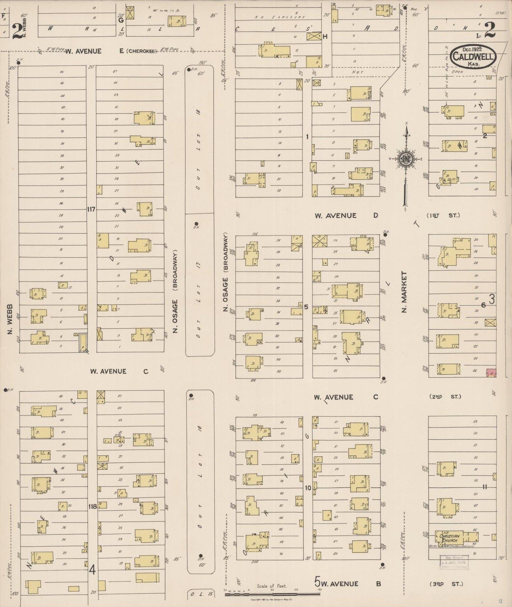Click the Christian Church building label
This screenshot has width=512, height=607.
click(x=449, y=538)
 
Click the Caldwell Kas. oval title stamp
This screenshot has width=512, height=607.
click(x=473, y=57)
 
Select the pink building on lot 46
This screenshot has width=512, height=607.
click(x=491, y=373)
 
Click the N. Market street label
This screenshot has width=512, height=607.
click(x=404, y=292)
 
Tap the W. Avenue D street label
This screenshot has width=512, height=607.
click(x=347, y=215)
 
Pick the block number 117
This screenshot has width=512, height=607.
click(x=91, y=209)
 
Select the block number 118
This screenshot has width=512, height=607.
click(x=92, y=506)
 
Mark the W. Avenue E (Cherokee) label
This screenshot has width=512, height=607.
click(x=111, y=51)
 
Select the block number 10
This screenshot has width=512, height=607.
click(x=308, y=488)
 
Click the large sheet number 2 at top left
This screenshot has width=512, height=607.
click(x=16, y=32)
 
